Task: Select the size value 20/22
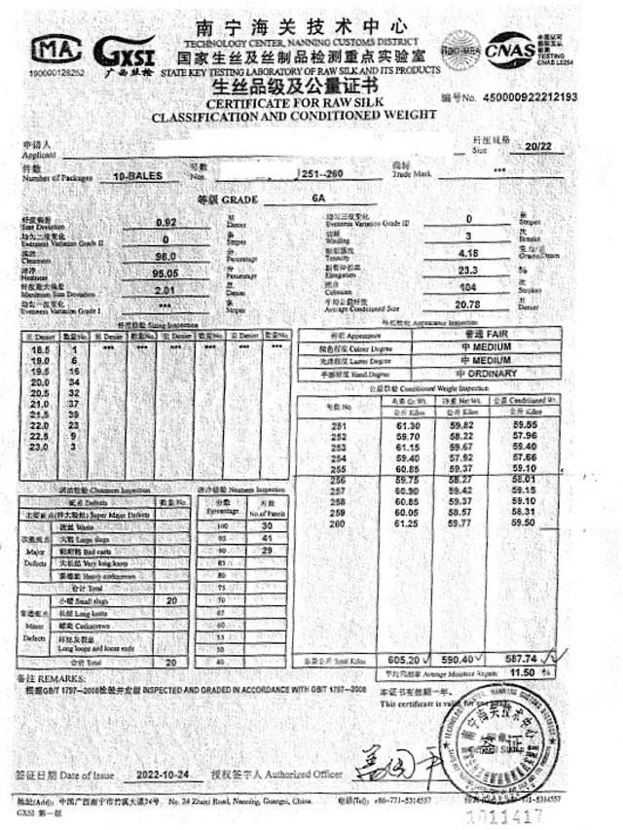click(x=536, y=146)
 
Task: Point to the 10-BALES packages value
click(x=137, y=178)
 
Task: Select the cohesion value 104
click(x=468, y=289)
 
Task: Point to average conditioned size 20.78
click(x=468, y=306)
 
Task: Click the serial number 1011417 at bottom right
click(x=529, y=814)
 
